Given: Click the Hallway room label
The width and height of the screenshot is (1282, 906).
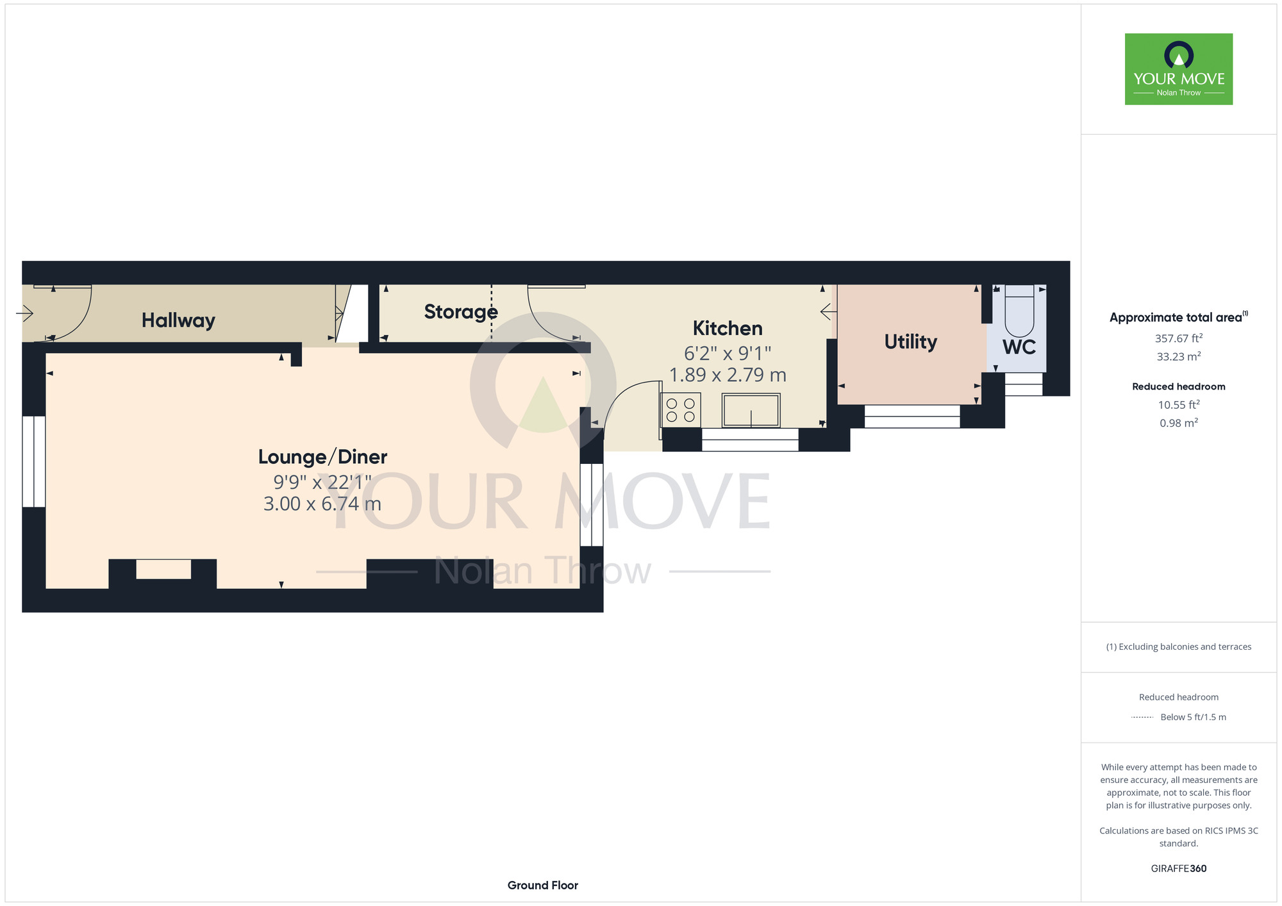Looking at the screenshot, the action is (178, 320).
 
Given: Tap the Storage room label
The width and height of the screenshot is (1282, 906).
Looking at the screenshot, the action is (461, 312).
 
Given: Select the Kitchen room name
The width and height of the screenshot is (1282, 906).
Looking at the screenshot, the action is (728, 328).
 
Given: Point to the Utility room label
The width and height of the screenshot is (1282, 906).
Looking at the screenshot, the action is (910, 342).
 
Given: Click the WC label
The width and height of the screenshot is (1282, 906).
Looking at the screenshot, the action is (1019, 347).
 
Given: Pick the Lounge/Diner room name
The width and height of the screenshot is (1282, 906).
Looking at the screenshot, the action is (322, 457).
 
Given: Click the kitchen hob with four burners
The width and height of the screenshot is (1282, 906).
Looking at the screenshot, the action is (681, 410).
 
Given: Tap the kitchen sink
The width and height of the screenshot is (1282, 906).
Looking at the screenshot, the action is (751, 410).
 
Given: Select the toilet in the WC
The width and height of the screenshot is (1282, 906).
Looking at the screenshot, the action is (1019, 311).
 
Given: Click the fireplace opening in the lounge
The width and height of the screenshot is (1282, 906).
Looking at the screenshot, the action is (163, 569).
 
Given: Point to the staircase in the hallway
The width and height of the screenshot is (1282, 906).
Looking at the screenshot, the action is (352, 313).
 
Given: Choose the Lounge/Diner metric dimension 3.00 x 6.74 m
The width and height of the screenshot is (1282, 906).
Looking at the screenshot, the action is (322, 504).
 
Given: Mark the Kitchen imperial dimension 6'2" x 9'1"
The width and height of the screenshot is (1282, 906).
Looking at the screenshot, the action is (728, 353).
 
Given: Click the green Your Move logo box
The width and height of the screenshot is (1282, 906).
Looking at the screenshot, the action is (1179, 69).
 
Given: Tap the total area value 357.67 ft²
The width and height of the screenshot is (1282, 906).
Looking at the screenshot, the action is (1178, 338).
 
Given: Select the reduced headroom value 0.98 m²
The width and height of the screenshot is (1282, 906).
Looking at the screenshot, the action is (1179, 423).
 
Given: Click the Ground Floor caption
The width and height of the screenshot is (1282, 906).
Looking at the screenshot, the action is (543, 885).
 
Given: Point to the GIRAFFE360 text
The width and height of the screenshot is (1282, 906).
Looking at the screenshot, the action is (1179, 869).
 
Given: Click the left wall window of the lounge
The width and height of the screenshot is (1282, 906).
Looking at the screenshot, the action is (34, 461).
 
